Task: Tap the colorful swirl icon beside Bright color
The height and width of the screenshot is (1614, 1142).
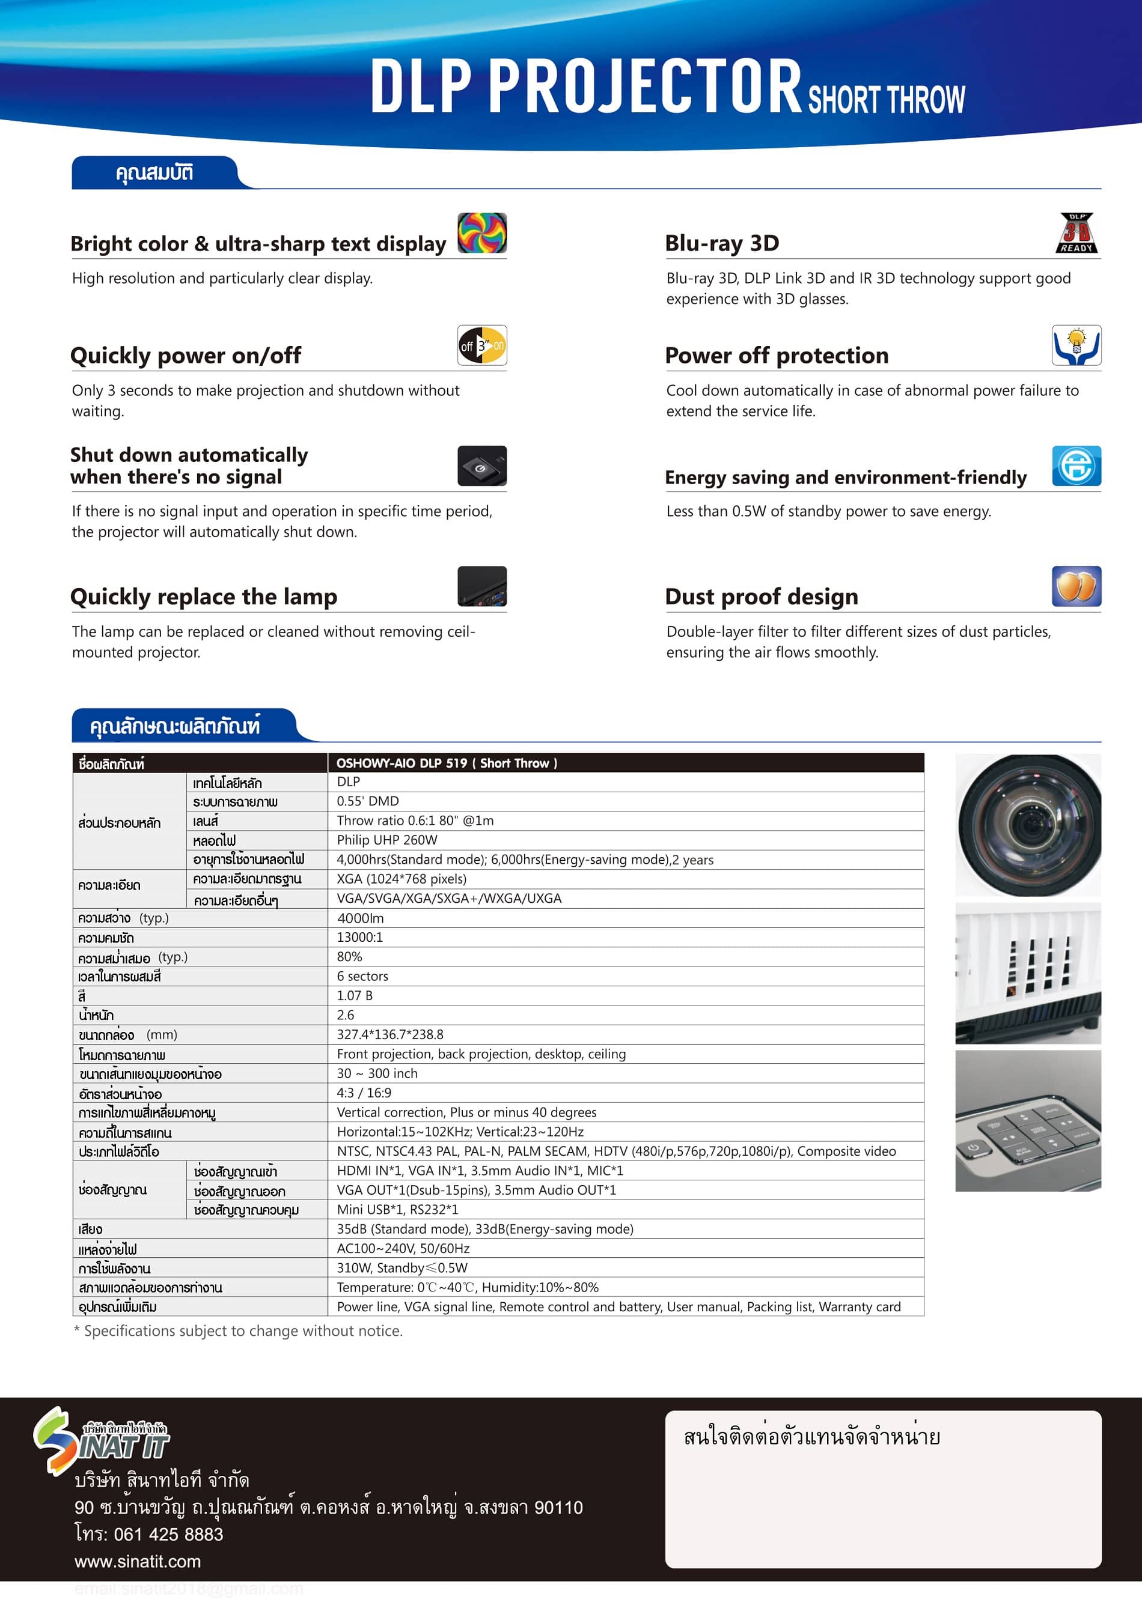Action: [x=481, y=232]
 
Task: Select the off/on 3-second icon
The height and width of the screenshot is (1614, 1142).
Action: [x=481, y=345]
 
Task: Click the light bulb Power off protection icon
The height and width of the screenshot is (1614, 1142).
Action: [x=1076, y=345]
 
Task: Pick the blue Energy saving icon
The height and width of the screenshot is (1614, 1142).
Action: [x=1076, y=466]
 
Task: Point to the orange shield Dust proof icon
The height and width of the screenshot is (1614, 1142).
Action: [x=1076, y=586]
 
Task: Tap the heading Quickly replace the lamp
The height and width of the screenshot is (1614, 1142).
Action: [x=203, y=597]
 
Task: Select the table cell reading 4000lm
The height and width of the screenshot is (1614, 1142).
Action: [x=360, y=918]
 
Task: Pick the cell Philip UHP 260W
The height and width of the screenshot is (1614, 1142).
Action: [x=386, y=840]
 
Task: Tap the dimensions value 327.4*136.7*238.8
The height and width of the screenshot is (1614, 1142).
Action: [x=389, y=1034]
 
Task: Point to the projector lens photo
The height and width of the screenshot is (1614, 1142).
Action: [x=1027, y=824]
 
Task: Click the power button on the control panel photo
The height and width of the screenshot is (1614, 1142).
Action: [x=974, y=1148]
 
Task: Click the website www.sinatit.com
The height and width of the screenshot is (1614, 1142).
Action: [x=138, y=1561]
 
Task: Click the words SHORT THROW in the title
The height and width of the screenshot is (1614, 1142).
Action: [x=886, y=100]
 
